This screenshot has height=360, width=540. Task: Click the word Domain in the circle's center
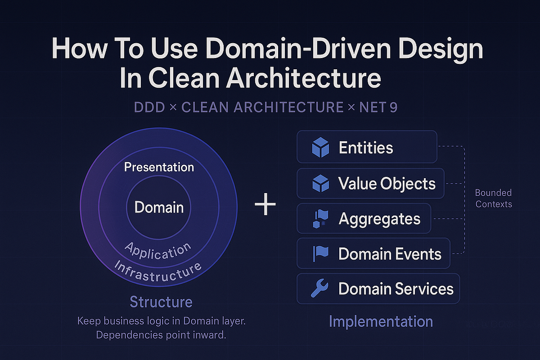[159, 207]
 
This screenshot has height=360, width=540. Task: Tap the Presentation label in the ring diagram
[159, 167]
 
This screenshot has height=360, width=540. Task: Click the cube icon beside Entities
[320, 148]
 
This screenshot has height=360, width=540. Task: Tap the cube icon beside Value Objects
[320, 184]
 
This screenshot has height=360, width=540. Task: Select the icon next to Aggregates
[320, 219]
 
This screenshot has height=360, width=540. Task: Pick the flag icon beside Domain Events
[320, 254]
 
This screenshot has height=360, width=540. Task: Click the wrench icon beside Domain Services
[320, 289]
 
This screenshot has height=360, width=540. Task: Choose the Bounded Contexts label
[494, 198]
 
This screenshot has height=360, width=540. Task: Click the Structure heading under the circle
[161, 301]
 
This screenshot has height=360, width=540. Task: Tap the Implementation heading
[381, 321]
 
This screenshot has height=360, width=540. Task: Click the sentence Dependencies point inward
[161, 336]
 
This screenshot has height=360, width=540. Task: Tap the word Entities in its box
[366, 148]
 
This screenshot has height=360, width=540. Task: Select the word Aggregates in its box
[379, 219]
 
